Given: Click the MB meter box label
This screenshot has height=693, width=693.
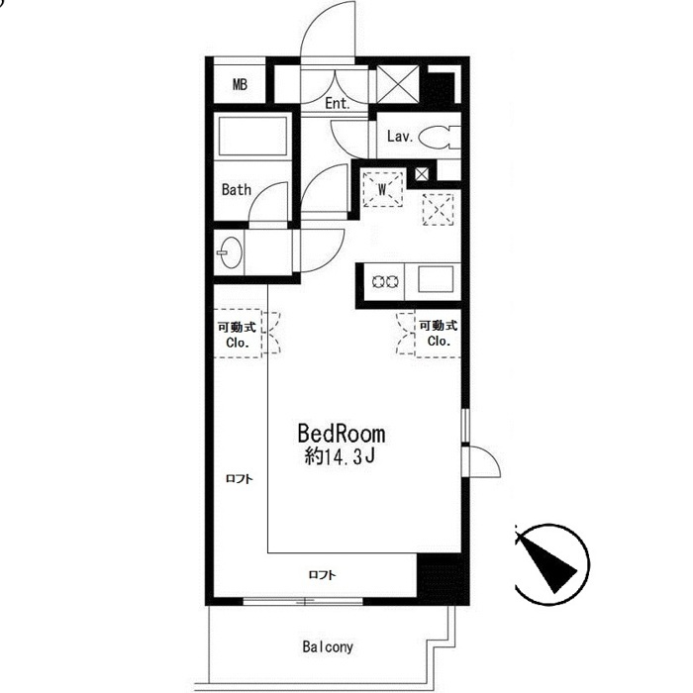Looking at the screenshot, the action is click(x=240, y=84).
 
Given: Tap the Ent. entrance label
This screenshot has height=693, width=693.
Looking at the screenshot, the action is click(x=338, y=103).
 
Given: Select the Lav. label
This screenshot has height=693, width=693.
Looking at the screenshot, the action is click(x=400, y=137).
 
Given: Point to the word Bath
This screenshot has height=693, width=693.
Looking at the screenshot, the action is click(x=237, y=190).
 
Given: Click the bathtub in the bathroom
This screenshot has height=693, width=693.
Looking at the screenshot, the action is click(x=252, y=137).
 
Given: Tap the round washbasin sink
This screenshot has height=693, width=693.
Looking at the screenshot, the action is click(x=231, y=252).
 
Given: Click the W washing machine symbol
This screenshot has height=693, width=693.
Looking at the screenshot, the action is click(x=382, y=189).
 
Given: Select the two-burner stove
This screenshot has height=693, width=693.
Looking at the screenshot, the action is click(x=385, y=281).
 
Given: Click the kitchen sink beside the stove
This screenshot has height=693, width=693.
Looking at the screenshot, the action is click(x=436, y=279).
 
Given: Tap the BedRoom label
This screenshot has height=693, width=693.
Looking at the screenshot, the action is click(x=342, y=434).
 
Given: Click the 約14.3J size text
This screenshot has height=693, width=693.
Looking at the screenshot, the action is click(x=340, y=456).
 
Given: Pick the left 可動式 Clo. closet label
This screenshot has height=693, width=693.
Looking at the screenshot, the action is click(x=238, y=335).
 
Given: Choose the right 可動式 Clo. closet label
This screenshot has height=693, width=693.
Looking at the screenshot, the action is click(x=438, y=334).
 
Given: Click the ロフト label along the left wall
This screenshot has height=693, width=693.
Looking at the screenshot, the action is click(x=240, y=478).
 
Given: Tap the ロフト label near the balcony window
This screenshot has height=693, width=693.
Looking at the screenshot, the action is click(x=322, y=574).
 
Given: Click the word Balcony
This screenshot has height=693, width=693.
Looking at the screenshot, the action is click(x=328, y=647).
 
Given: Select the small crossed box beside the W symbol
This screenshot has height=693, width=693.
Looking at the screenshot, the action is click(x=422, y=173).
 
